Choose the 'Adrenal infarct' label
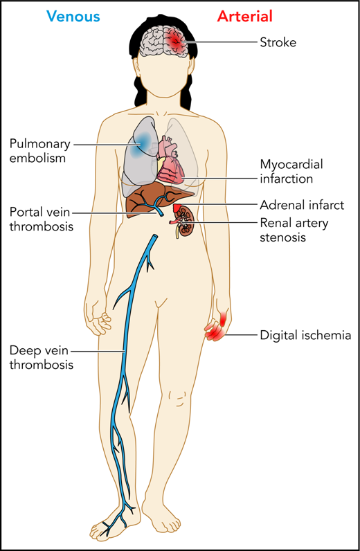[x=301, y=206]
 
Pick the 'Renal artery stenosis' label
[x=293, y=231]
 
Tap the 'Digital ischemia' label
[x=305, y=336]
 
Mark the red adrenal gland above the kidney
[x=178, y=208]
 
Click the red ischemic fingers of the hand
[x=216, y=333]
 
